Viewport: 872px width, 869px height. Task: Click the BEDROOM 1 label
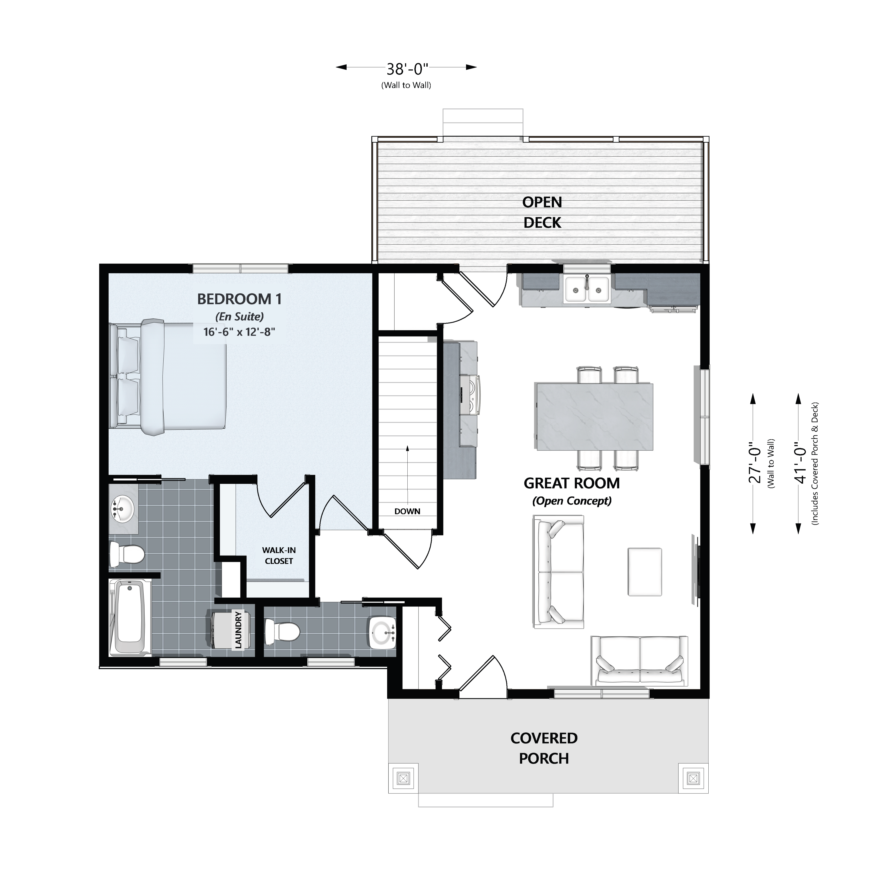point(239,299)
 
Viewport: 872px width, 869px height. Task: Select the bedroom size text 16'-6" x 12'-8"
point(239,332)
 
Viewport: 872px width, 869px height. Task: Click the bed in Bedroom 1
point(168,377)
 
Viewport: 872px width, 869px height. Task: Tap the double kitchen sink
point(587,289)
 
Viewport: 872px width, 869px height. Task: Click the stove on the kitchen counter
point(470,394)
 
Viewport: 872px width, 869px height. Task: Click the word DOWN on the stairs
point(407,511)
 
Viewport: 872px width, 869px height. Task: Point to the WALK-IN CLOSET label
point(279,556)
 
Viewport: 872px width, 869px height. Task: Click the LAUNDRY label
point(238,630)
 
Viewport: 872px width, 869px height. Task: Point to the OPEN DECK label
point(542,212)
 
